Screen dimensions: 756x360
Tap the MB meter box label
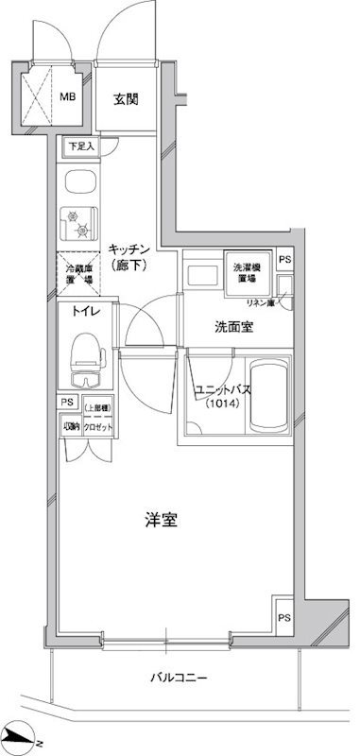(x=69, y=96)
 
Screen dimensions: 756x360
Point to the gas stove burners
(x=77, y=224)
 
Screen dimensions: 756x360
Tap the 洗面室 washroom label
(x=232, y=328)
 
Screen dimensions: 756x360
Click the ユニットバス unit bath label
(x=216, y=389)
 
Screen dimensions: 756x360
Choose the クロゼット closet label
(x=98, y=425)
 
